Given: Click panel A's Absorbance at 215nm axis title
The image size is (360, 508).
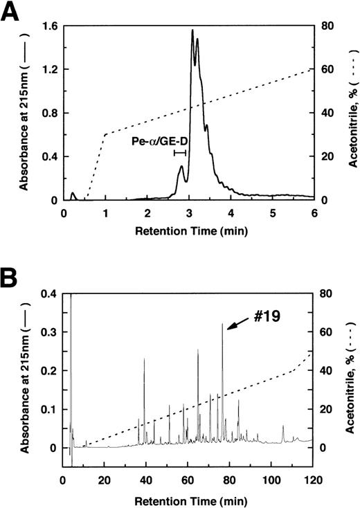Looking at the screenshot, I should [25, 114].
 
